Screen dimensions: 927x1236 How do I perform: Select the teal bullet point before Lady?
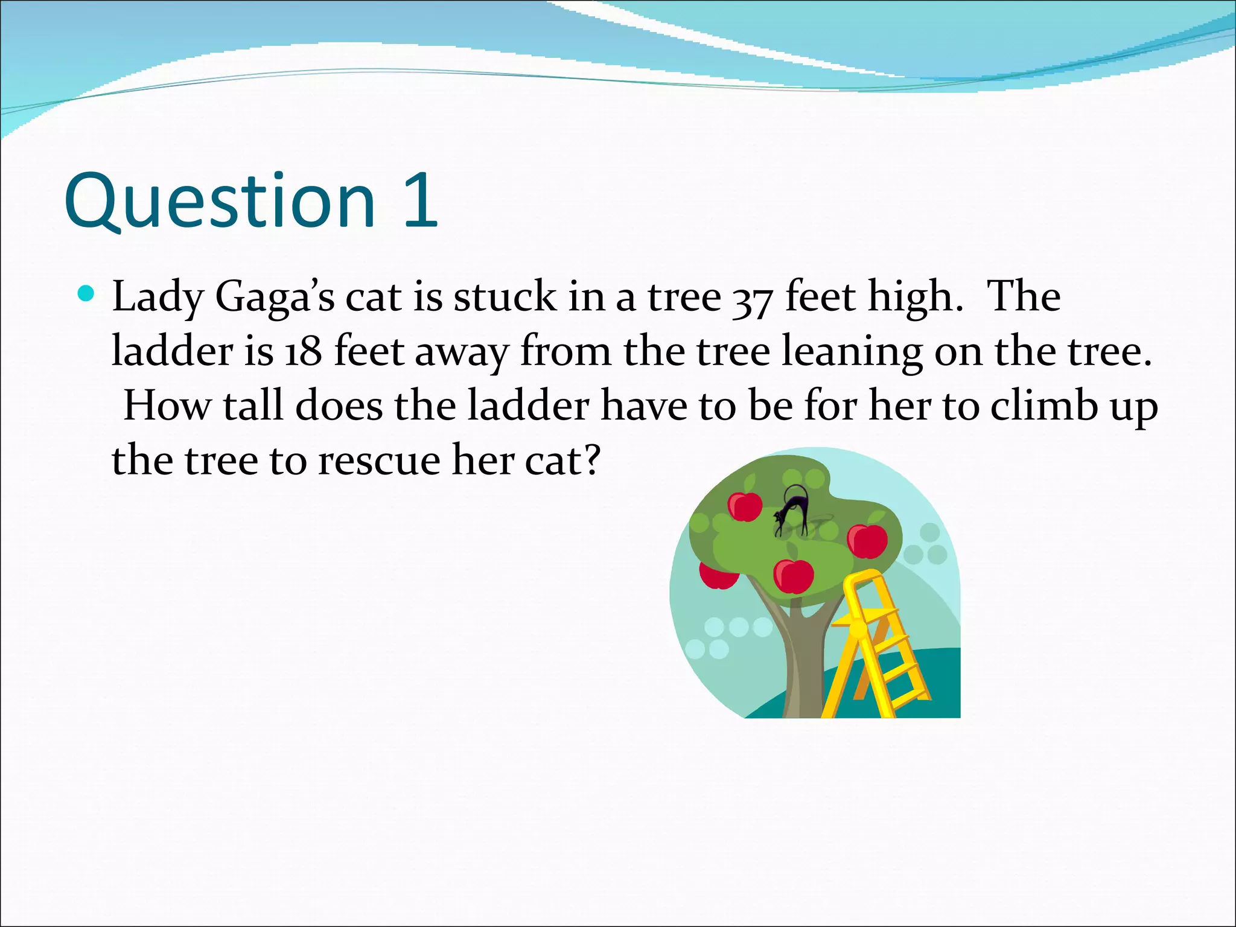click(87, 294)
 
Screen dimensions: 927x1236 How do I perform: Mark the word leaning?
click(852, 352)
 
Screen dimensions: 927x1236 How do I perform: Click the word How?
click(167, 406)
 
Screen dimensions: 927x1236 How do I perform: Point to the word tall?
click(253, 406)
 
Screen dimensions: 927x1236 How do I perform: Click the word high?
click(914, 298)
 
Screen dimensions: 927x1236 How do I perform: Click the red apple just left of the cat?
click(745, 506)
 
